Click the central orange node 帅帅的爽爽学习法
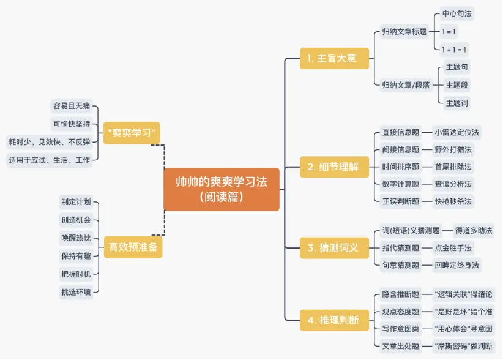(x=222, y=189)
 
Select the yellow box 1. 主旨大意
(x=334, y=58)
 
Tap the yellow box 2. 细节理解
(x=334, y=167)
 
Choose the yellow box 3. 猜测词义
(x=334, y=248)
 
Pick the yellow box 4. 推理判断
(x=334, y=320)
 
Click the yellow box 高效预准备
(x=133, y=247)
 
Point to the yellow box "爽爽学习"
(x=132, y=133)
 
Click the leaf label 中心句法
(x=457, y=13)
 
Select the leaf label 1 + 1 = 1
(x=454, y=50)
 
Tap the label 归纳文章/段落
(x=406, y=85)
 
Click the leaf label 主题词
(x=457, y=103)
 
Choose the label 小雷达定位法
(x=457, y=132)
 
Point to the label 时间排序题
(x=400, y=167)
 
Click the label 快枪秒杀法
(x=453, y=201)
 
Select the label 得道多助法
(x=474, y=230)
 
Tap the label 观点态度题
(x=400, y=312)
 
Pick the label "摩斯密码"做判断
(x=464, y=346)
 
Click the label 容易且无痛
(x=72, y=106)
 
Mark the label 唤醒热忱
(x=76, y=238)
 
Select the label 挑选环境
(x=76, y=292)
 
